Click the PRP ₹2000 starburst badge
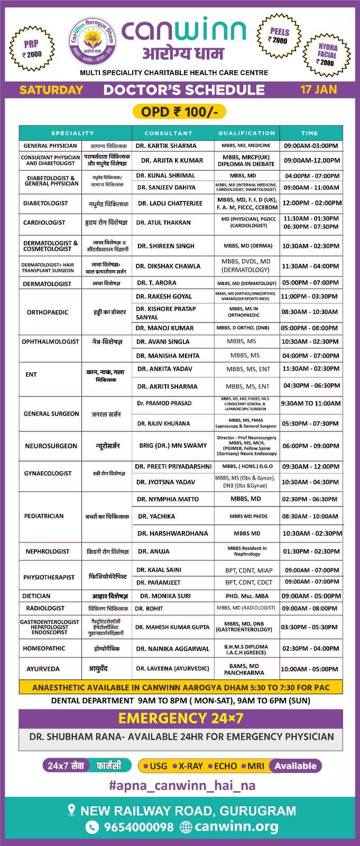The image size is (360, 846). click(32, 49)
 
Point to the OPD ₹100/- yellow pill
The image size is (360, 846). click(180, 112)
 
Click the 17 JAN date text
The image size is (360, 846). click(318, 89)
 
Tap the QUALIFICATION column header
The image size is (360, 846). click(246, 133)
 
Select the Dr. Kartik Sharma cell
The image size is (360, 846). click(166, 145)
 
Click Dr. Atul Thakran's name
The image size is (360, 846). click(163, 223)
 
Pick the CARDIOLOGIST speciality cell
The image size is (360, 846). click(44, 223)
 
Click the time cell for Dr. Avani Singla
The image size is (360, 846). click(310, 342)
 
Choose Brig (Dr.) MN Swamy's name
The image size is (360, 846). click(173, 445)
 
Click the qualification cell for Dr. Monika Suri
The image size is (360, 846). click(247, 596)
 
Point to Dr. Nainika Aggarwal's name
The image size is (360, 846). click(172, 649)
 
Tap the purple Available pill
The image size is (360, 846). click(295, 766)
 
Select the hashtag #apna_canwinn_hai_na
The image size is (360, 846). click(182, 785)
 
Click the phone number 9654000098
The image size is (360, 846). click(139, 827)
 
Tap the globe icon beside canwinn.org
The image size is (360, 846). click(186, 827)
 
